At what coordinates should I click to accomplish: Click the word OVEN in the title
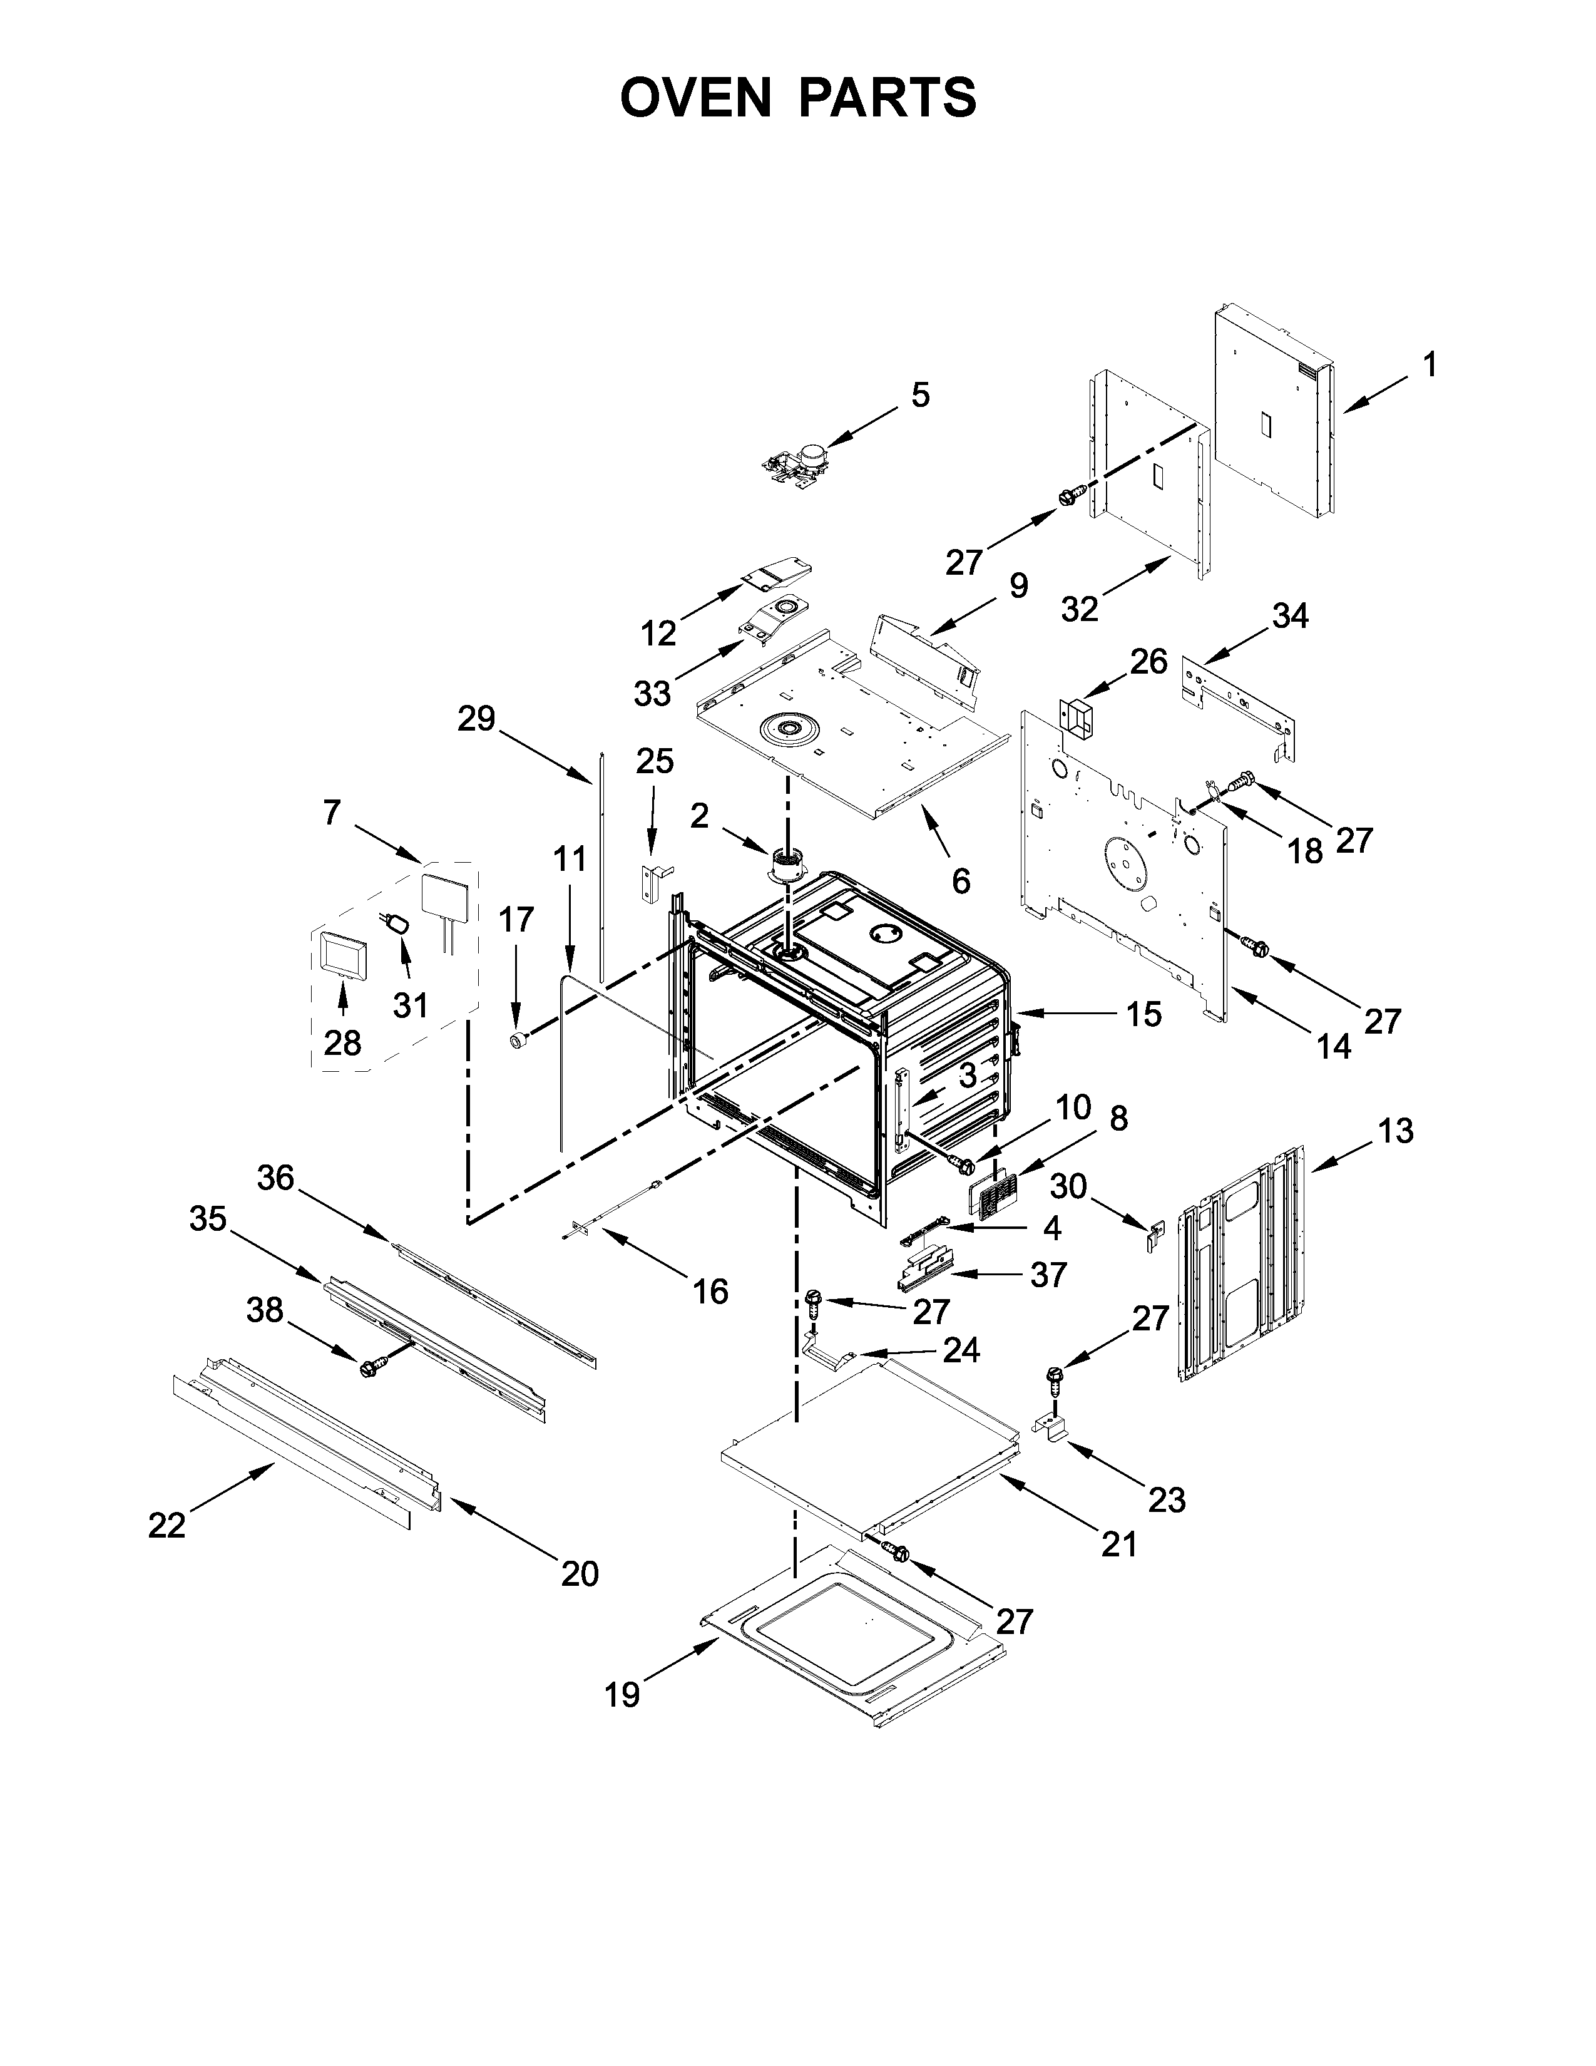695,98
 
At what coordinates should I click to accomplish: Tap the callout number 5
920,394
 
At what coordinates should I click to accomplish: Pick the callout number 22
166,1525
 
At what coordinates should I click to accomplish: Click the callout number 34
1290,616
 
